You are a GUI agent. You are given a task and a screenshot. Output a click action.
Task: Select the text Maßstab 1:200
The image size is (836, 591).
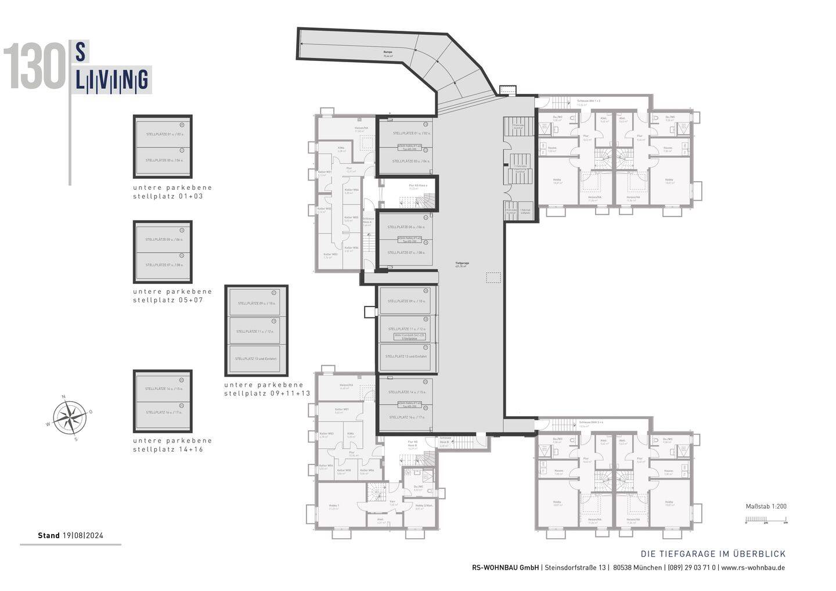coord(766,506)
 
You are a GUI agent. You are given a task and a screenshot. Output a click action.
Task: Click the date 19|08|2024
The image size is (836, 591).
coord(82,536)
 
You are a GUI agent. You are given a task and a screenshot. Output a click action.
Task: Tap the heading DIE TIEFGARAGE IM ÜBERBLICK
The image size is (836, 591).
coord(712,554)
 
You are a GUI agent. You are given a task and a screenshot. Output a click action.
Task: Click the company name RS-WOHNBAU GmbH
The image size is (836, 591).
coord(505,568)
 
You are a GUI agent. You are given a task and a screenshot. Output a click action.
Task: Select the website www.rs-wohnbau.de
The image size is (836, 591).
coord(753,568)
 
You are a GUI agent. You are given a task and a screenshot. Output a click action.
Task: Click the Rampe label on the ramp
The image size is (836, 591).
coord(387,53)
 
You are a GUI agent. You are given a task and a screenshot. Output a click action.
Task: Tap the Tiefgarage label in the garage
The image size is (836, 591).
coord(462,264)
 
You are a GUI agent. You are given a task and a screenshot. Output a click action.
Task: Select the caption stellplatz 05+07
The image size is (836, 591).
coord(168,301)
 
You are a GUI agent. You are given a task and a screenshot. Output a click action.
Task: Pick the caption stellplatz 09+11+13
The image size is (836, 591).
coord(267,394)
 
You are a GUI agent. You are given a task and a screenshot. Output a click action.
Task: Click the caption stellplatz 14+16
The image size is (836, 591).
coord(168,449)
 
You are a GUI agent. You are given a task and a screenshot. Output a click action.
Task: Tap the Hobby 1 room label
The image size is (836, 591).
coord(334,506)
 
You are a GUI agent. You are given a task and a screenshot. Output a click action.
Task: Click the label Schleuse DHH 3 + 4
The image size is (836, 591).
coord(589,422)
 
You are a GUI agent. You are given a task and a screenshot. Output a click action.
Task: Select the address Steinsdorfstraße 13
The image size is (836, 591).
coord(575,568)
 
